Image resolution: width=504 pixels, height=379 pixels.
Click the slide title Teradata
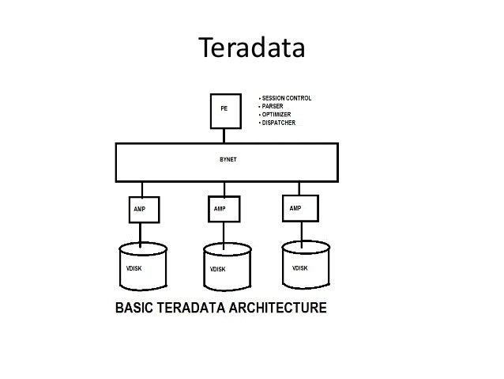[251, 50]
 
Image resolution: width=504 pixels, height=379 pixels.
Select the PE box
[225, 112]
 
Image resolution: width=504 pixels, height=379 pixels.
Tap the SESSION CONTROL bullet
[287, 98]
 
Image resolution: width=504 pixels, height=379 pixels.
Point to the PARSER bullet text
[273, 106]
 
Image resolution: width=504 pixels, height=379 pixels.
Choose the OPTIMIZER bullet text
[276, 114]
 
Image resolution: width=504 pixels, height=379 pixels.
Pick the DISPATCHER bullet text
[279, 122]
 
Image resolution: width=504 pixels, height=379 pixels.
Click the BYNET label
[228, 159]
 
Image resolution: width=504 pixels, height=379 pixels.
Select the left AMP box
[141, 210]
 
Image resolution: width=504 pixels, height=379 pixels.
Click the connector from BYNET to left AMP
[141, 190]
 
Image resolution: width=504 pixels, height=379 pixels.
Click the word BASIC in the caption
[138, 307]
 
